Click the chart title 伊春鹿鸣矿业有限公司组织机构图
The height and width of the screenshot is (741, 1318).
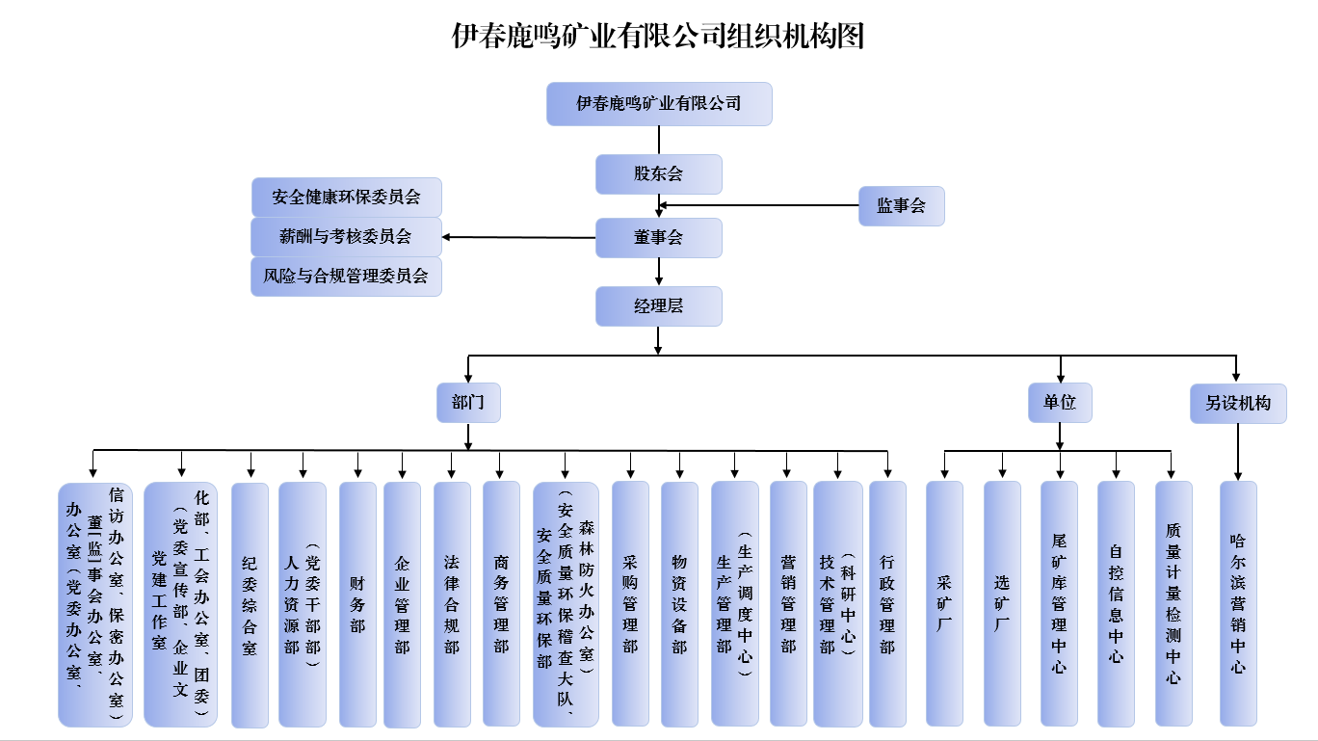click(x=658, y=36)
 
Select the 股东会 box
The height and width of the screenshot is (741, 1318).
click(x=658, y=174)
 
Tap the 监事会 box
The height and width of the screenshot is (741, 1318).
click(x=901, y=206)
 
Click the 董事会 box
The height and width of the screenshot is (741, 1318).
click(x=658, y=238)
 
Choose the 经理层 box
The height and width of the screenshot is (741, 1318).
click(x=658, y=306)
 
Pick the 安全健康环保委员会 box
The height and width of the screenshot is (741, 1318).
click(x=346, y=198)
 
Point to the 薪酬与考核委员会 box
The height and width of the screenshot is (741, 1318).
click(x=346, y=237)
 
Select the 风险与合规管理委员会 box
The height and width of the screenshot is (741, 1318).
click(x=346, y=277)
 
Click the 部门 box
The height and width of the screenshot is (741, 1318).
click(x=468, y=403)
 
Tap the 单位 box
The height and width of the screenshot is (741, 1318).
click(x=1060, y=403)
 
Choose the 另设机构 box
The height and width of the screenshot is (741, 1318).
click(x=1237, y=403)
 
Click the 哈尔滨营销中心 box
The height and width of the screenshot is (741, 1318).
click(x=1238, y=603)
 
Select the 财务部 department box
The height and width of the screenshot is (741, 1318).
click(x=357, y=603)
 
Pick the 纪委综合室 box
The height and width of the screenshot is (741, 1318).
click(x=250, y=603)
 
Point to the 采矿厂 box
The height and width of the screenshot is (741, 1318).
click(x=944, y=603)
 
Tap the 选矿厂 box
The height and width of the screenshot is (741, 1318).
click(x=1002, y=603)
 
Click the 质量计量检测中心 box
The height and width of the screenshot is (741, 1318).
click(x=1173, y=603)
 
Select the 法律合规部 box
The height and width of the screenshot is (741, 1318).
click(x=452, y=603)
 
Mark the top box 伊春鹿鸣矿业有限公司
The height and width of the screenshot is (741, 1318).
click(x=659, y=104)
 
